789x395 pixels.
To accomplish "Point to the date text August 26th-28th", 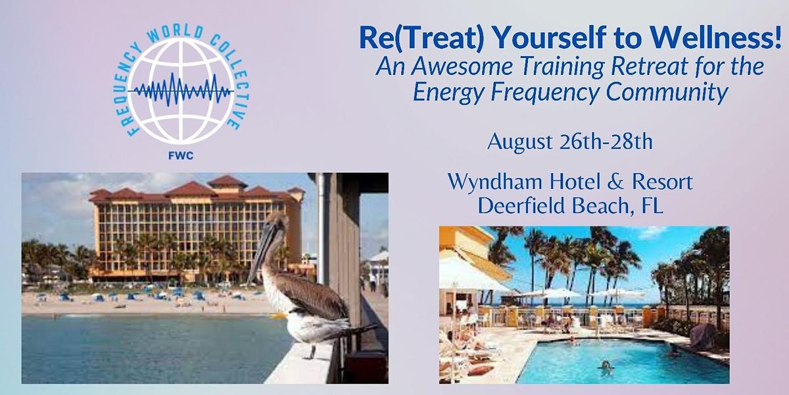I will pos(569,142).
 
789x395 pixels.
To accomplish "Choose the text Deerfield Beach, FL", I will pos(569,205).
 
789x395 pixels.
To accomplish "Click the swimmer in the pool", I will pos(606,366).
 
